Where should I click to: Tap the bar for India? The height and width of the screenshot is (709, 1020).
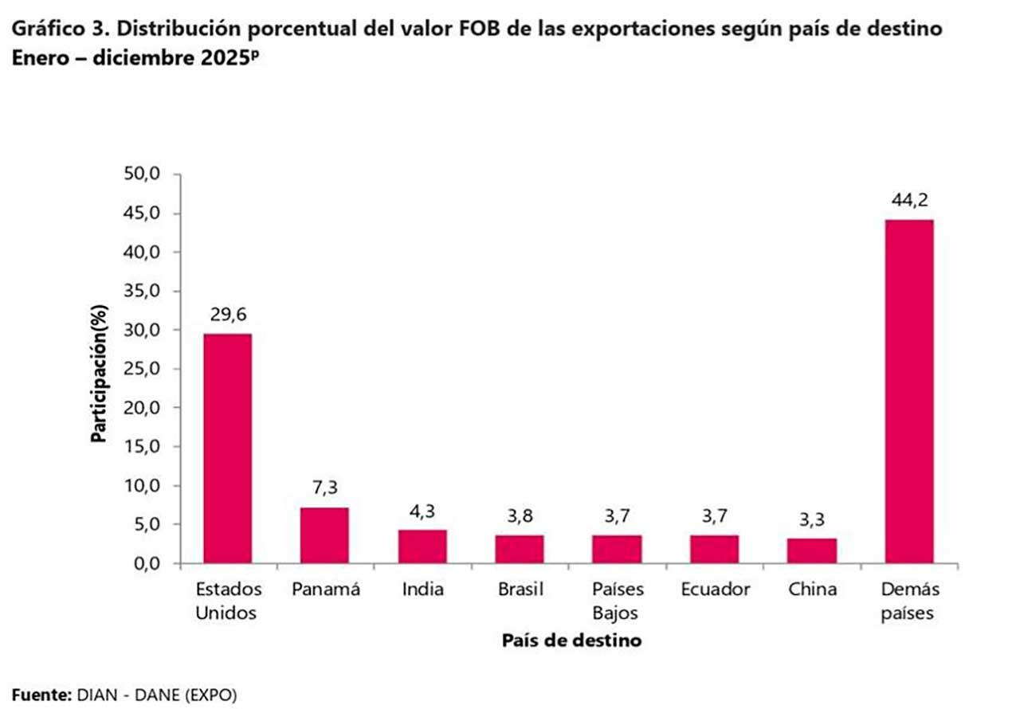422,546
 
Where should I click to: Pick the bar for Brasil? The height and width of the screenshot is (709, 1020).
520,549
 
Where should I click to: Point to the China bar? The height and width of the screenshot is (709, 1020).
812,550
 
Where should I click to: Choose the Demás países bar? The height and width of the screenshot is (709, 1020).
909,391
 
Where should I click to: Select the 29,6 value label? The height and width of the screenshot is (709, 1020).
228,316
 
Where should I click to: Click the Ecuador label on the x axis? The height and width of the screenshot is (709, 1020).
716,590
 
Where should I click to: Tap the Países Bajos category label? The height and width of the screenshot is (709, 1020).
617,601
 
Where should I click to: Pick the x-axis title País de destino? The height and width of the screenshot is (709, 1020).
571,640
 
